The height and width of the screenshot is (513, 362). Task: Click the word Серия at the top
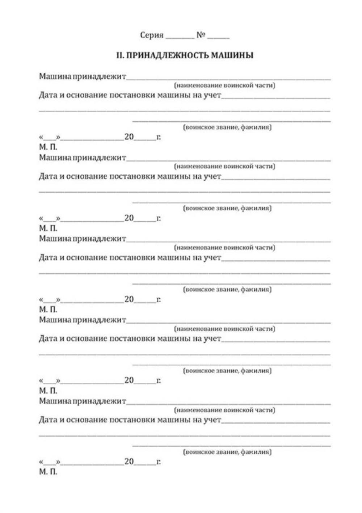tap(152, 35)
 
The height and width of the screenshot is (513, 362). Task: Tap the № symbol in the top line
tap(201, 35)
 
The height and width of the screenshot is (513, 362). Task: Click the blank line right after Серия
tap(180, 37)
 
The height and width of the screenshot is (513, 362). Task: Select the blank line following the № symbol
tap(218, 37)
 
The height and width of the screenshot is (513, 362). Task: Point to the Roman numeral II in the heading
tap(120, 55)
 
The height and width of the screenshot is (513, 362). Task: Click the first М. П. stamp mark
tap(48, 147)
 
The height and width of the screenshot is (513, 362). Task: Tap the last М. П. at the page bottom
tap(48, 472)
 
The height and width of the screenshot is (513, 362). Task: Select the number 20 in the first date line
tap(129, 137)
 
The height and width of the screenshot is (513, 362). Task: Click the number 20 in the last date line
tap(129, 462)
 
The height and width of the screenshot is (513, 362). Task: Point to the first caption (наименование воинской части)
tap(224, 85)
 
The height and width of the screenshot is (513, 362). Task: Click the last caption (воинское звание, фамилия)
tap(227, 452)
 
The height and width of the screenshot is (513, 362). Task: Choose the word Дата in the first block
tap(48, 95)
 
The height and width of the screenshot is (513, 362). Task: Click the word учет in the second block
tap(212, 176)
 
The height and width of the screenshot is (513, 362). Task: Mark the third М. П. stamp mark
tap(48, 309)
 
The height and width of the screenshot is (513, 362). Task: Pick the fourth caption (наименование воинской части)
tap(224, 329)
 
